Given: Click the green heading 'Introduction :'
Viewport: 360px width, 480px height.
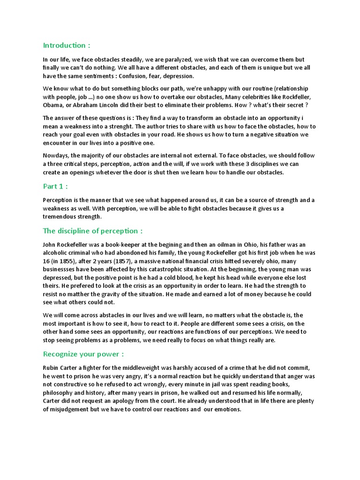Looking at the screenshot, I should pyautogui.click(x=66, y=45).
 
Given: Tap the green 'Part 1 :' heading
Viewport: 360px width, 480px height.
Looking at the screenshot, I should pyautogui.click(x=55, y=186).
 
